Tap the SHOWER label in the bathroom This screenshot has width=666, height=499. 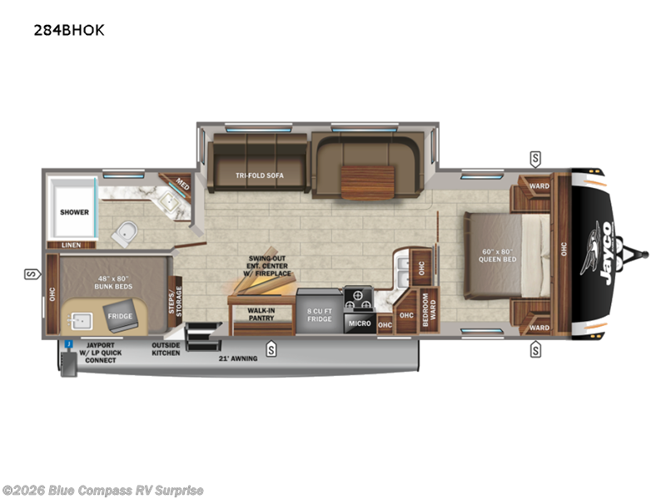click(x=74, y=212)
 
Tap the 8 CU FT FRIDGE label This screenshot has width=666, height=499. click(x=319, y=314)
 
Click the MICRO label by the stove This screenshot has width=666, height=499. click(x=359, y=321)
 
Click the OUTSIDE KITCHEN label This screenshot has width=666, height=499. click(x=166, y=349)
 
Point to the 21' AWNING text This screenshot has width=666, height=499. click(x=238, y=358)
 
